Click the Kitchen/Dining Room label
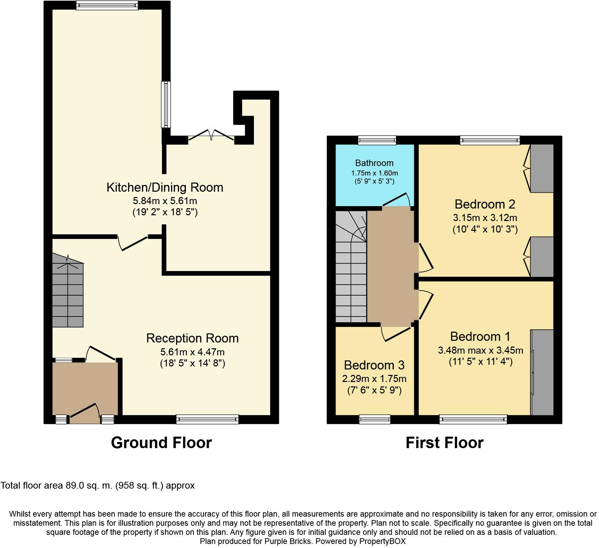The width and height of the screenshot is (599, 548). click(165, 187)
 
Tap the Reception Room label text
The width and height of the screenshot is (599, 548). click(192, 338)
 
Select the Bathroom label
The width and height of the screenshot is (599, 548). click(374, 163)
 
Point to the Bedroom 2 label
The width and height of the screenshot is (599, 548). click(485, 204)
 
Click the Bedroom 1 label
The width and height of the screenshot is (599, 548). click(480, 336)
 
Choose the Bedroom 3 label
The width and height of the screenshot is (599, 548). click(374, 365)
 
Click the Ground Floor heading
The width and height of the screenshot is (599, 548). click(161, 443)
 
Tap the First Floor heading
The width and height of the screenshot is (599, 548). click(445, 443)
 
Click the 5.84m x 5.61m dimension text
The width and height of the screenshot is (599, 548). click(165, 201)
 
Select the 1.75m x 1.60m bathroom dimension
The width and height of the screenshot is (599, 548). click(374, 173)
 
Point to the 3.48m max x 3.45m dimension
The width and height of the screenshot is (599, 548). click(481, 350)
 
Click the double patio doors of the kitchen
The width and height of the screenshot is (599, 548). click(211, 135)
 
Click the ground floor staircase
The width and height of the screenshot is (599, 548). click(68, 291)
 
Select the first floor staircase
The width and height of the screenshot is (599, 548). click(351, 267)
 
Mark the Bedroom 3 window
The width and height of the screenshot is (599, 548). click(374, 419)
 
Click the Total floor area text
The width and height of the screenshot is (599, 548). click(98, 486)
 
